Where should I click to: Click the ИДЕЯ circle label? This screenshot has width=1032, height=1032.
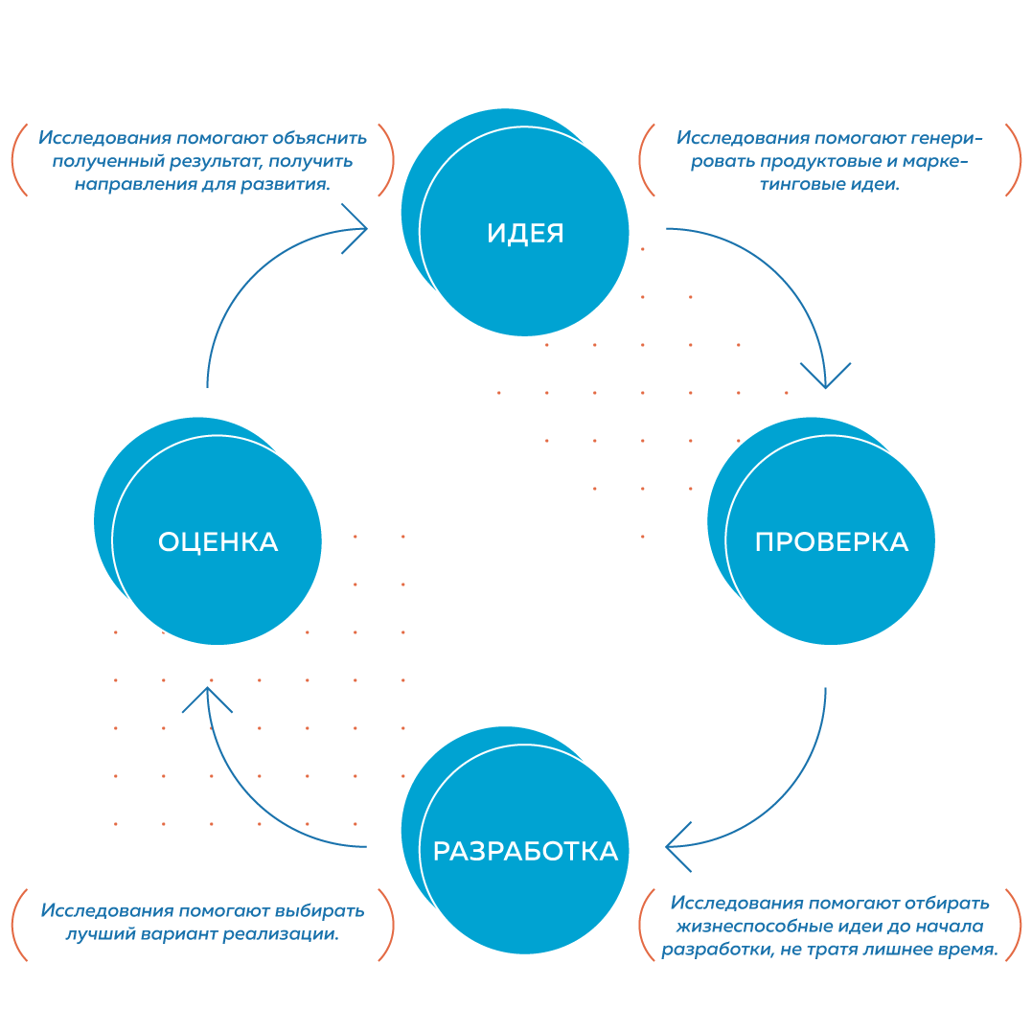pyautogui.click(x=525, y=233)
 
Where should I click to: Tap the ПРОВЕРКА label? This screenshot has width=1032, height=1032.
pyautogui.click(x=831, y=542)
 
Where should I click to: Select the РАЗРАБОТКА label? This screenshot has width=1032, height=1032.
pyautogui.click(x=525, y=851)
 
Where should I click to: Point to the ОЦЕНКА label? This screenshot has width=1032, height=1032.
pyautogui.click(x=218, y=542)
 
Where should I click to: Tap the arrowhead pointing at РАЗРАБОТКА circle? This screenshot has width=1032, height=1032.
pyautogui.click(x=674, y=846)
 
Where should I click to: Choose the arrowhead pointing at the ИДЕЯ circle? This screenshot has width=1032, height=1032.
pyautogui.click(x=359, y=228)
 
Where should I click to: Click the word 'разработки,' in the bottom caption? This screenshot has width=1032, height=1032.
pyautogui.click(x=713, y=951)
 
